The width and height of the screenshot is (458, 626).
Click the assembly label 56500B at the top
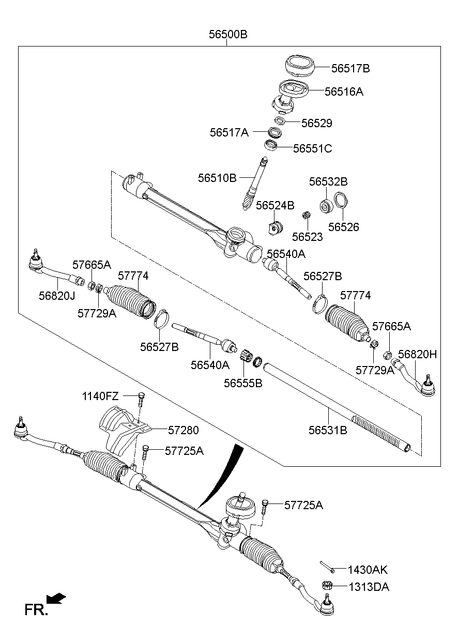[228, 35]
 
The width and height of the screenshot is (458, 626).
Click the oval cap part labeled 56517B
[299, 66]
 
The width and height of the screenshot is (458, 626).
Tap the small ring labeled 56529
[280, 121]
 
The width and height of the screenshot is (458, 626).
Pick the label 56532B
[328, 182]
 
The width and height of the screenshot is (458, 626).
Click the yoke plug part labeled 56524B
[276, 227]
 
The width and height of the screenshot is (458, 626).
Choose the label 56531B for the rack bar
[328, 429]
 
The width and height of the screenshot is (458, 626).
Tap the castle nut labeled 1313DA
[326, 586]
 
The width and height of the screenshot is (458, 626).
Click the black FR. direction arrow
[56, 599]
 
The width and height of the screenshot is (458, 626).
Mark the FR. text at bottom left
[36, 610]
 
